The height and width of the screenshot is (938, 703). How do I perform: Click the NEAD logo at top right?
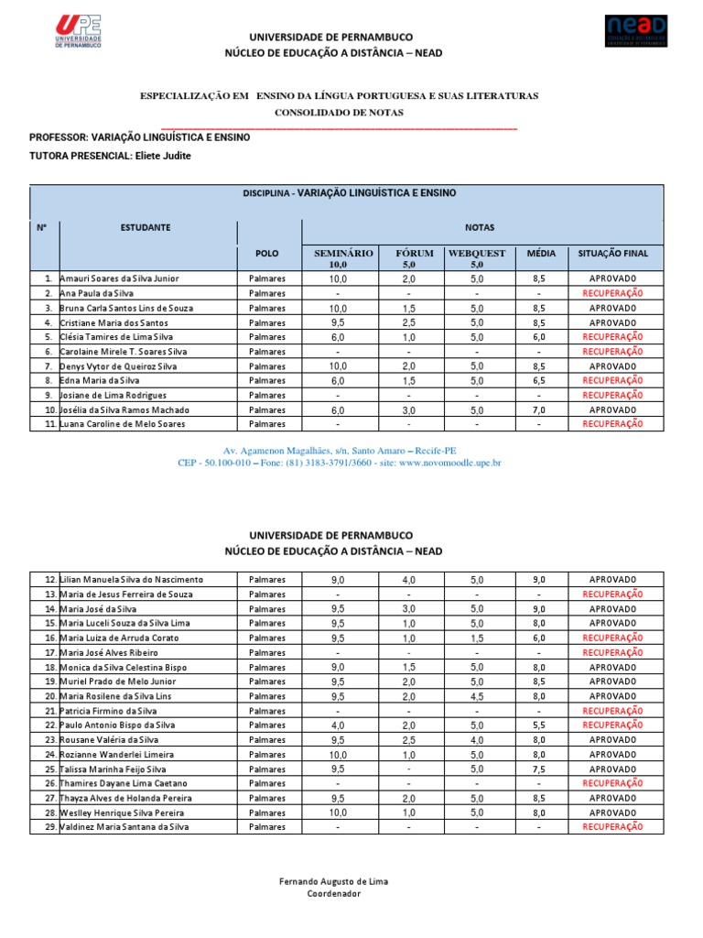point(635,30)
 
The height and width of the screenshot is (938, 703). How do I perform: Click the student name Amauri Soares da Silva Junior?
point(119,278)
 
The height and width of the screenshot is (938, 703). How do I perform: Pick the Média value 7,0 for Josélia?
point(539,409)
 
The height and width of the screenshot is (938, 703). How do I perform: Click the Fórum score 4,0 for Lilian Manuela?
point(408,580)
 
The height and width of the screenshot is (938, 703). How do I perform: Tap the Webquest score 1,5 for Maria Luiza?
point(477,638)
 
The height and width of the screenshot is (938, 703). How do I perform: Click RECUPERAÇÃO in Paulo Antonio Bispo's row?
point(612,725)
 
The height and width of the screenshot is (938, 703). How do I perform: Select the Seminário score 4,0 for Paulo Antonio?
point(338,725)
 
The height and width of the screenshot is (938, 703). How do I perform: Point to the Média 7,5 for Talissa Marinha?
point(539,769)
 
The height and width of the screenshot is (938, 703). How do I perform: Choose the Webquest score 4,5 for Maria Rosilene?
point(477,696)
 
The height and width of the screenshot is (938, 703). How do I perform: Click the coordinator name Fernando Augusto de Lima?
point(333,881)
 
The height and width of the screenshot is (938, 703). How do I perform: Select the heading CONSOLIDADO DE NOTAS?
point(339,112)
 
